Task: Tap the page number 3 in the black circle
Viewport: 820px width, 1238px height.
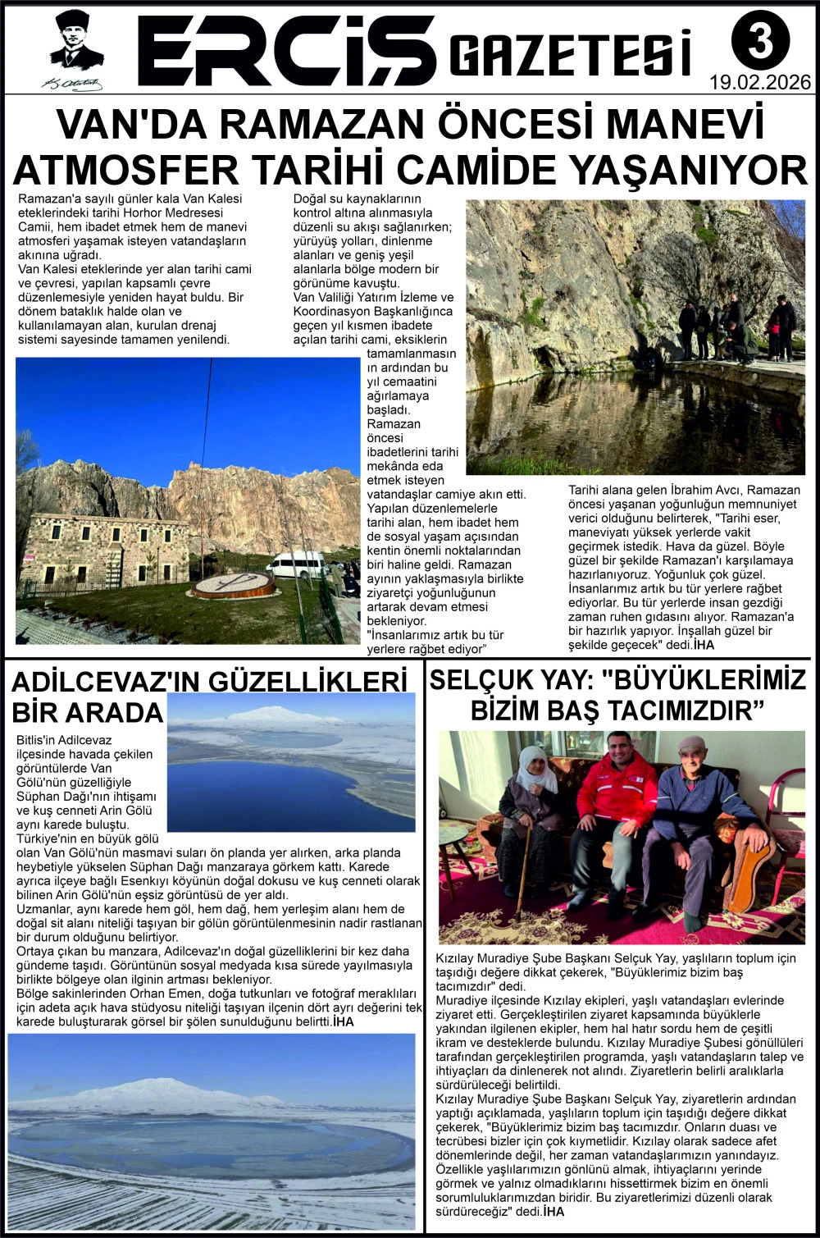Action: pos(760,42)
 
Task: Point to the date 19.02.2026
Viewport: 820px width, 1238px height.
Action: pos(760,82)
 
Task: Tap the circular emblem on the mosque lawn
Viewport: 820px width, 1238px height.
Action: pos(232,584)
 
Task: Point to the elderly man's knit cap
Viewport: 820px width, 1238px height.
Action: pos(691,745)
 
